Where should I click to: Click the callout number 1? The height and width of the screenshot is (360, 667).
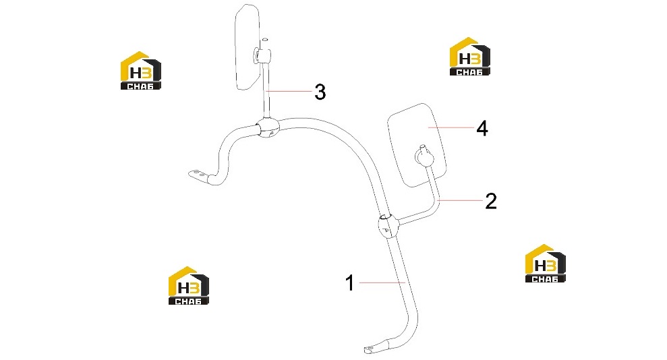tap(349, 282)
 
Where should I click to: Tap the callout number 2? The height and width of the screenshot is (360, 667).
tap(491, 201)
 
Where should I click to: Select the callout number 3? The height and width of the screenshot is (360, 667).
tap(320, 92)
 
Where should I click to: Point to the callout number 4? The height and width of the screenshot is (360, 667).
tap(482, 128)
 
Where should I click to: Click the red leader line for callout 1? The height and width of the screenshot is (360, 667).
tap(382, 282)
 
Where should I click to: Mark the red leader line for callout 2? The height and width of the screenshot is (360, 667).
tap(459, 200)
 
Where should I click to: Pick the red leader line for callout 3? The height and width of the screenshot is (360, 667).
tap(289, 91)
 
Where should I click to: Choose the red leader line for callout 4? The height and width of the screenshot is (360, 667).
tap(451, 127)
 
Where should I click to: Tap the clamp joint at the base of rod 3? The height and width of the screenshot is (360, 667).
tap(268, 127)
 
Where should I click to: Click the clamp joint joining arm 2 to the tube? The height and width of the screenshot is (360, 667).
tap(388, 226)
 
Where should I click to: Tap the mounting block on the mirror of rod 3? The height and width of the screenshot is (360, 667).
tap(262, 55)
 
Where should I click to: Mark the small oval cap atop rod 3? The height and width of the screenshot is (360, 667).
tap(265, 40)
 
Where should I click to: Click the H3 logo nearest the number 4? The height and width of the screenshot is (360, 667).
tap(470, 57)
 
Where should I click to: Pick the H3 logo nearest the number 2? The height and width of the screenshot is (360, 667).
tap(546, 264)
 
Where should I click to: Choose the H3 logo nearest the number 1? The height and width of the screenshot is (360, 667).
tap(189, 286)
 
